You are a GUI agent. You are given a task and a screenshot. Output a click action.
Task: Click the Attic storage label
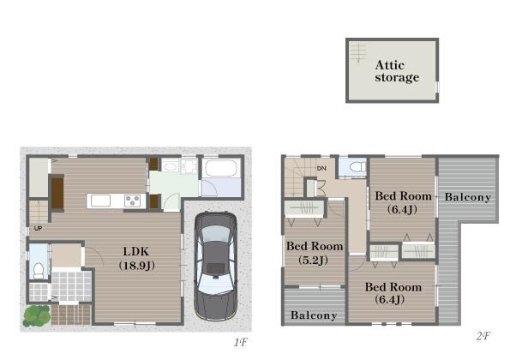(397, 71)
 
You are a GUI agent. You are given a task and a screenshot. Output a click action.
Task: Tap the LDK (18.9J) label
(136, 259)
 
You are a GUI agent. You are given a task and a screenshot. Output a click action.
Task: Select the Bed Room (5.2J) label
(315, 253)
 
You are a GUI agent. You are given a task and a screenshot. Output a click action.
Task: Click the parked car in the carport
(216, 266)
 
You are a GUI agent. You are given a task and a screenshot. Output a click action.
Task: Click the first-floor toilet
(39, 270)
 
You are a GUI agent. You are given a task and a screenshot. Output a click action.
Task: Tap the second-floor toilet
(357, 167)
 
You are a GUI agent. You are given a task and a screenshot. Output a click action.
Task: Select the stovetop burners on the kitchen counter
(132, 201)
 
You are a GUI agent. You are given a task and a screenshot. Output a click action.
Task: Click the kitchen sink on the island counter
(100, 201)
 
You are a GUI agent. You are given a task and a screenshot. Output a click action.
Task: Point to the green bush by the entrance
(36, 315)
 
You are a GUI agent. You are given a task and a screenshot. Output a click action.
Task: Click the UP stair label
(38, 228)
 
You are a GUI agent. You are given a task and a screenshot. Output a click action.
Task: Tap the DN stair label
(321, 168)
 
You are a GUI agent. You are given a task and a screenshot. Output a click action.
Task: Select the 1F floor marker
(240, 342)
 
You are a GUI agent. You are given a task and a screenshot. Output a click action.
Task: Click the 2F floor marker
(483, 336)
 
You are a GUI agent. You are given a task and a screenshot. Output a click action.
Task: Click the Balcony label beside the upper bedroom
(468, 197)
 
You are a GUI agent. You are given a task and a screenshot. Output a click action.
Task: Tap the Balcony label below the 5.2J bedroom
(314, 315)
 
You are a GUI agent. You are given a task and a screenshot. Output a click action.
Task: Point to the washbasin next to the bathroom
(170, 167)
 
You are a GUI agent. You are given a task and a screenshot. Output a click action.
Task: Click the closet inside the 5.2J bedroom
(304, 209)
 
